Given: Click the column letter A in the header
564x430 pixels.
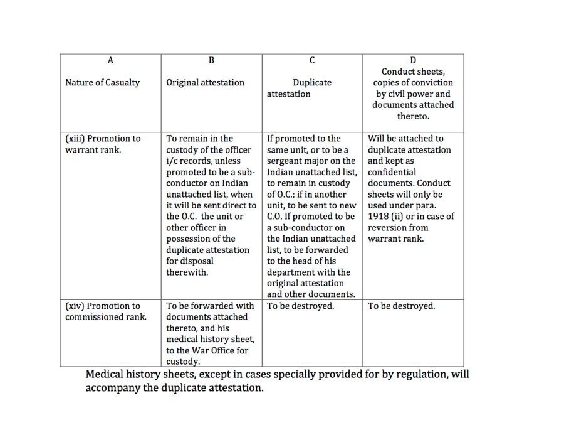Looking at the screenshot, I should point(110,60).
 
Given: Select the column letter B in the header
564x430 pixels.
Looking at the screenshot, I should point(211,60).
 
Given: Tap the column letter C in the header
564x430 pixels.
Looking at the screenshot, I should point(312,60).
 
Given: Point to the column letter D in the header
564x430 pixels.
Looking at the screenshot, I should point(413,60).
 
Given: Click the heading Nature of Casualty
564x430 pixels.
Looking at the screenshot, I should point(103,83).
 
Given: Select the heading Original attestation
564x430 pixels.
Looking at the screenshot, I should point(205,83).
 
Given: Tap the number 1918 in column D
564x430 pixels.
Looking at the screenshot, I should point(379,217).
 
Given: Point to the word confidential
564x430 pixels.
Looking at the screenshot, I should point(392,172).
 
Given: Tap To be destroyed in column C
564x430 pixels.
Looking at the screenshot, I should point(300,306).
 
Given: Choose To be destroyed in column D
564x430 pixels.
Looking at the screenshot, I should point(401,306).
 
